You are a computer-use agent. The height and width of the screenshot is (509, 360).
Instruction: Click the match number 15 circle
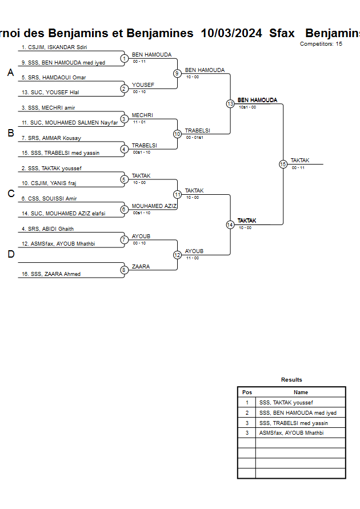pos(282,164)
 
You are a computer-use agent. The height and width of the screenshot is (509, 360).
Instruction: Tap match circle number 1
pos(124,58)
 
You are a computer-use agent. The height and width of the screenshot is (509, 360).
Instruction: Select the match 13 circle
pos(230,104)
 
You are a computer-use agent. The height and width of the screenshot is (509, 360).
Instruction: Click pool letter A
pos(10,73)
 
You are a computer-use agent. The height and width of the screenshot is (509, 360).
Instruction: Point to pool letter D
pos(10,254)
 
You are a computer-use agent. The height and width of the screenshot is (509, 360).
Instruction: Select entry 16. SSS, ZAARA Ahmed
pos(51,274)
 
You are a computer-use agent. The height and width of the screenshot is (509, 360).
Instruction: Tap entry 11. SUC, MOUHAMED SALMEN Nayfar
pos(69,123)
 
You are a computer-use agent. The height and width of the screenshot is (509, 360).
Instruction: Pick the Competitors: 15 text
pos(321,44)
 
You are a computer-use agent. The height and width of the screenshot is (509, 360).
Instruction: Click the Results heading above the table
pos(291,380)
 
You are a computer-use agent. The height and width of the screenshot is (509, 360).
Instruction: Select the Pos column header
pos(247,392)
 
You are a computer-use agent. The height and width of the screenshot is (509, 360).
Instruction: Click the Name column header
pos(301,392)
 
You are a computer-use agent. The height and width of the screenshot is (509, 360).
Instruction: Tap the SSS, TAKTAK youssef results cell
pos(286,403)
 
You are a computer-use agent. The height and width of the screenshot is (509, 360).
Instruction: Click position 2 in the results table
pos(247,412)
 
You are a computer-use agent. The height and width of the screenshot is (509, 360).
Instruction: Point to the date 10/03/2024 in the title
pos(231,33)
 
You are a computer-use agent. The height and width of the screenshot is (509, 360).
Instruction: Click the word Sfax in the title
pos(282,33)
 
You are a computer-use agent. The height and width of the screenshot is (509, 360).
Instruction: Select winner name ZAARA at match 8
pos(141,267)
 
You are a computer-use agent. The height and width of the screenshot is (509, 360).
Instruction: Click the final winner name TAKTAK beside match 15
pos(299,161)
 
